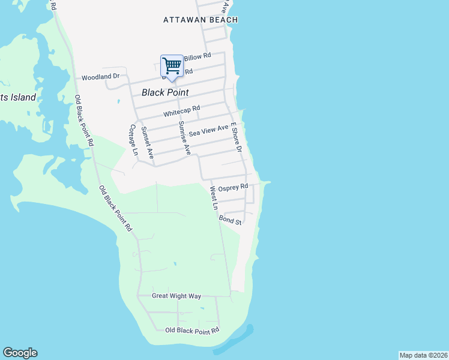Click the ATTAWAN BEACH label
(x=200, y=20)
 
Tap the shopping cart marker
(x=172, y=65)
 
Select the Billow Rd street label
(x=197, y=56)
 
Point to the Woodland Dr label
(x=101, y=77)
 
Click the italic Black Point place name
(x=165, y=92)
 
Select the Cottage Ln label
(x=133, y=140)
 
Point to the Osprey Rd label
(x=233, y=188)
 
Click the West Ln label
(x=214, y=198)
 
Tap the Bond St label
(x=230, y=220)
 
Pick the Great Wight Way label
(x=176, y=296)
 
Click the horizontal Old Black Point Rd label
(x=192, y=331)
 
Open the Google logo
(x=20, y=353)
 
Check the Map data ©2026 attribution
(x=423, y=355)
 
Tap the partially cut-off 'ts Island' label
(x=18, y=97)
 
